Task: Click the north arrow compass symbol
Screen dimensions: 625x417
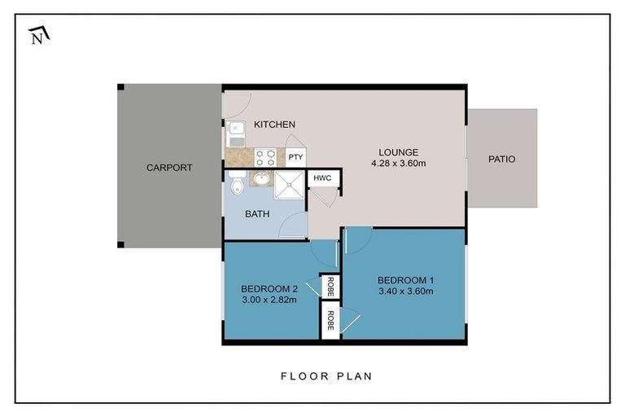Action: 39,36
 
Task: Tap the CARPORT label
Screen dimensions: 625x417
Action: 169,168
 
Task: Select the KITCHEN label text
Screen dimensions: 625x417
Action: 274,125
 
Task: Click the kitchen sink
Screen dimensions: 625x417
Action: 237,134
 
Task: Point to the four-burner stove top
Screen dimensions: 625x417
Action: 265,157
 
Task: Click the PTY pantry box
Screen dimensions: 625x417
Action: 295,157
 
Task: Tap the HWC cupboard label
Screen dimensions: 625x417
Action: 322,178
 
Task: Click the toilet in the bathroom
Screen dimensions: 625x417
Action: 238,182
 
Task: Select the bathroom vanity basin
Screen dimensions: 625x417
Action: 261,178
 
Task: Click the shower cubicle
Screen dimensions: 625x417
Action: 289,185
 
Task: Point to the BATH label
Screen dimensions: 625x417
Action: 257,214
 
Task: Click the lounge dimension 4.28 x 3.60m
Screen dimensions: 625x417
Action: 399,163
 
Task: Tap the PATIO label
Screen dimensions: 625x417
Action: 502,159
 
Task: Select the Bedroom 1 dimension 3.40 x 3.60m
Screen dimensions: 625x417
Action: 406,292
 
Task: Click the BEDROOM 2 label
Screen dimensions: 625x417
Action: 269,288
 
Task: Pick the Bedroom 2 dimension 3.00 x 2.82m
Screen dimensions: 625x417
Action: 269,300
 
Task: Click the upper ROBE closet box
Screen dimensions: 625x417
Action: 330,287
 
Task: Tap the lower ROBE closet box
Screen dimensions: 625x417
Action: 330,320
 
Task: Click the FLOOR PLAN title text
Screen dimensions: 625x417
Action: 326,376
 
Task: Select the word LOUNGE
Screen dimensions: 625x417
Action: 399,152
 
